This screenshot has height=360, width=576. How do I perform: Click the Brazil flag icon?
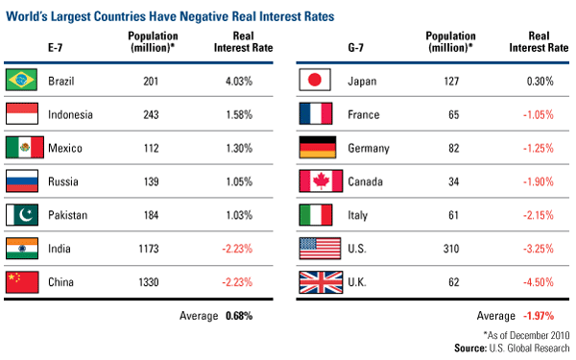coord(21,80)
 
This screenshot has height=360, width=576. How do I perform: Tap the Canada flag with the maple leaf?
coord(321,180)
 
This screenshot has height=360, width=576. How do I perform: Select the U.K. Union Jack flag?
coord(321,282)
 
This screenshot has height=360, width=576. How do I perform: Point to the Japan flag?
coord(315,80)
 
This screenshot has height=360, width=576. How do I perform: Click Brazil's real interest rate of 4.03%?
coord(239,81)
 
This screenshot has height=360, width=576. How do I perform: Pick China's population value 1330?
coord(149,282)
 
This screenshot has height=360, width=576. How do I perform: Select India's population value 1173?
coord(149,249)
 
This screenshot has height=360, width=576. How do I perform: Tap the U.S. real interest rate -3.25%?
coord(539,249)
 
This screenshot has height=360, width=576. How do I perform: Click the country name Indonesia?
coord(70,114)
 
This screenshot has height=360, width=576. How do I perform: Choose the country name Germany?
coord(369,149)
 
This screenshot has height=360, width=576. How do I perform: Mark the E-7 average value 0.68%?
coord(239,316)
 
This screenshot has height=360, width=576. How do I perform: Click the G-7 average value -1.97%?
coord(539,316)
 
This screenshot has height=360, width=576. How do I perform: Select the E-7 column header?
coord(55,48)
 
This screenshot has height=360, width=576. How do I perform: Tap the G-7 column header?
coord(355,48)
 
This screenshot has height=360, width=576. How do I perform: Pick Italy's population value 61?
coord(454,215)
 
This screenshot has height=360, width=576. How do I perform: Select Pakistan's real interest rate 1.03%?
coord(239,215)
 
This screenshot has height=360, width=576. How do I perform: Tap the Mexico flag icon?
coord(25,147)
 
